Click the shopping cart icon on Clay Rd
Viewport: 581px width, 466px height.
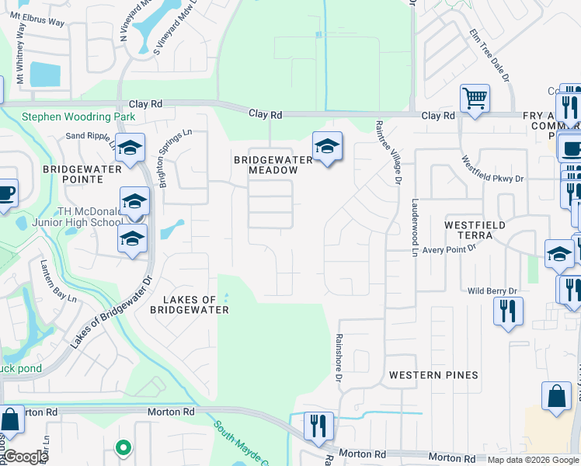pyautogui.click(x=475, y=99)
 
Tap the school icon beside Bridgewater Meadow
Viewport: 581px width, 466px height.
pyautogui.click(x=327, y=146)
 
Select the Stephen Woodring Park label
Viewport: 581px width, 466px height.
pyautogui.click(x=78, y=117)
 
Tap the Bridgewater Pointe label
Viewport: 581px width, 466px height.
pyautogui.click(x=83, y=173)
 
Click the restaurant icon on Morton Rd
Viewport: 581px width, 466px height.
pyautogui.click(x=318, y=426)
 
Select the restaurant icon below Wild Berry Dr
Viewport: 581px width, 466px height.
pyautogui.click(x=509, y=311)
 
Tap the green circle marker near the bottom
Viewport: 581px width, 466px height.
pyautogui.click(x=122, y=447)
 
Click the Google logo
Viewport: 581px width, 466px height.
pyautogui.click(x=25, y=457)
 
